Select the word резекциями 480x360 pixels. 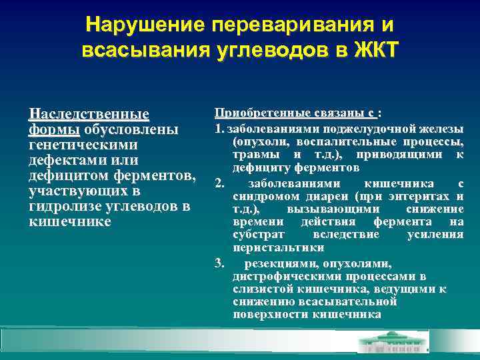coord(283,263)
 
